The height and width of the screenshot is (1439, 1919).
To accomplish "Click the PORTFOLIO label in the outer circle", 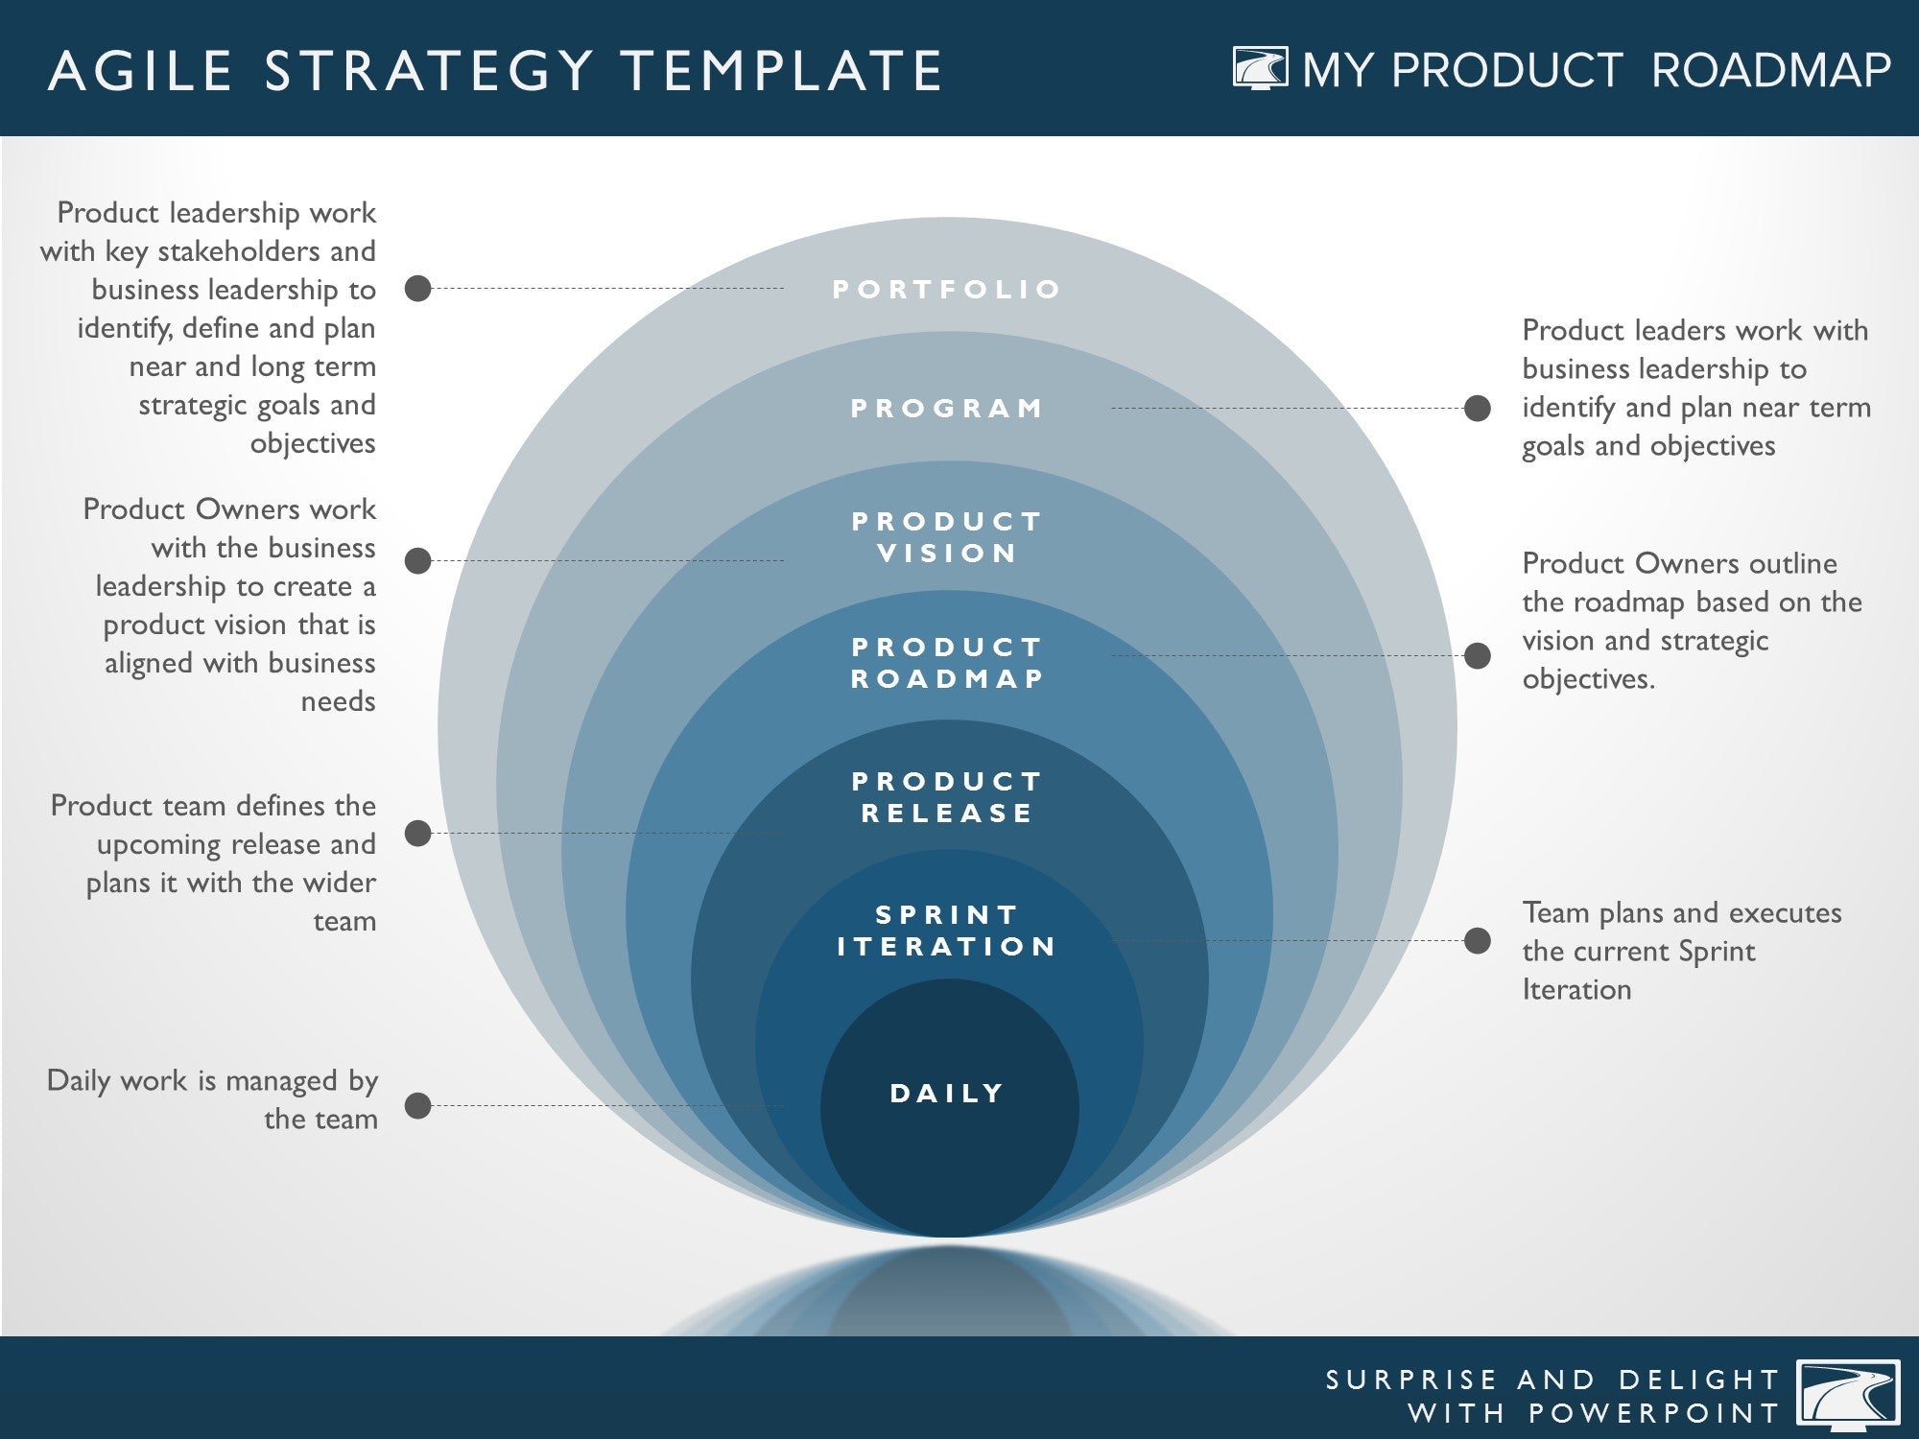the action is click(946, 289).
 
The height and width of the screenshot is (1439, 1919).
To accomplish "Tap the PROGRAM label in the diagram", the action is click(947, 408).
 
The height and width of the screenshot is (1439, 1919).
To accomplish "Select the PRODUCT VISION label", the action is click(947, 537).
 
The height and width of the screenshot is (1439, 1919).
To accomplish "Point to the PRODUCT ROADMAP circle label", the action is click(947, 663).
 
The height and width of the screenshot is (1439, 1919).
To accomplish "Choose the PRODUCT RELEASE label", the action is click(947, 797).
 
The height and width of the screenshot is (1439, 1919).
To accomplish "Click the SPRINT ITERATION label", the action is click(947, 931).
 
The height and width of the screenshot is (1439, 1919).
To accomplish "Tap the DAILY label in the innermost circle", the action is click(947, 1094).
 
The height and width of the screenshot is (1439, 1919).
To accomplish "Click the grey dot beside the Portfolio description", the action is click(417, 288).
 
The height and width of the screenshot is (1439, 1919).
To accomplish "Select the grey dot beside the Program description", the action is click(1478, 408).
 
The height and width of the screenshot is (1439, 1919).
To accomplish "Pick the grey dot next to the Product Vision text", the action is click(417, 560).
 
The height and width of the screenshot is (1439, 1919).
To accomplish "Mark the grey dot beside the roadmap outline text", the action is click(1478, 655).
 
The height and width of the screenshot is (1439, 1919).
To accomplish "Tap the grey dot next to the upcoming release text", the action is click(417, 833).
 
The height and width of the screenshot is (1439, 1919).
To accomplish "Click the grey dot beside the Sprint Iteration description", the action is click(1478, 940).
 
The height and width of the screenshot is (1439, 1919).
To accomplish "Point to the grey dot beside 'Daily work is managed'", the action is click(417, 1105).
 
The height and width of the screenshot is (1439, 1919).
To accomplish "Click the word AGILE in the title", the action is click(141, 71).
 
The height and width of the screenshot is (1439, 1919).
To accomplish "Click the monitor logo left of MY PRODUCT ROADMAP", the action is click(1261, 68).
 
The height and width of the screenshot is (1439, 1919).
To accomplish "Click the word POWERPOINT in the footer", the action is click(1653, 1413).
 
